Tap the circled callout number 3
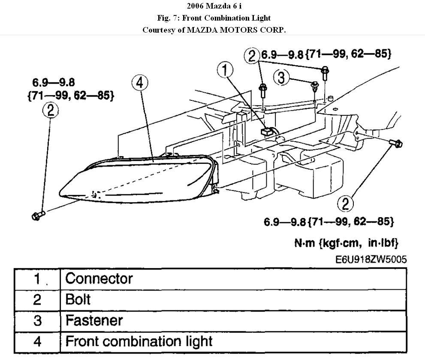(x=281, y=77)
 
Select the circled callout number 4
(x=140, y=83)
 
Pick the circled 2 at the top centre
(x=252, y=55)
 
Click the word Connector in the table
(x=99, y=279)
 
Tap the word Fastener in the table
(x=93, y=320)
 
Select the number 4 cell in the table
(x=37, y=342)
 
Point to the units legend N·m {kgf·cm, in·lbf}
(x=346, y=243)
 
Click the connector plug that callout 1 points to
(x=267, y=130)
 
